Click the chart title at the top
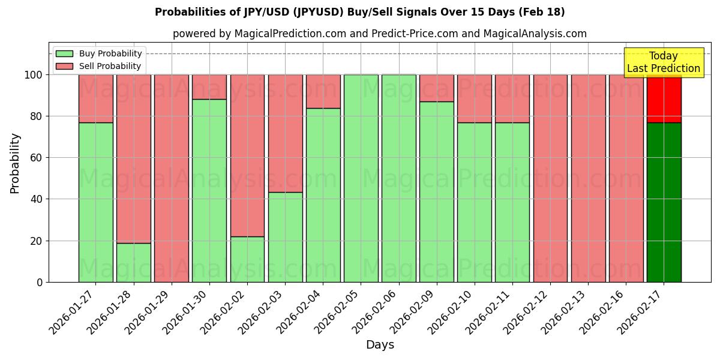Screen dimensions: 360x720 [x=359, y=12]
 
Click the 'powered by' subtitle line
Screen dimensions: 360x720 [x=379, y=34]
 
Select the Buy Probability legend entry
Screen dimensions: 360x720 [x=98, y=53]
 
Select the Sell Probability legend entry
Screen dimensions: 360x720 [x=98, y=66]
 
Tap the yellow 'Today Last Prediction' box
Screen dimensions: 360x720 [x=663, y=62]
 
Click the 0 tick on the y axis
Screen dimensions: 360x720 [x=40, y=282]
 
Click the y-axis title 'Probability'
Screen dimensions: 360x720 [x=15, y=163]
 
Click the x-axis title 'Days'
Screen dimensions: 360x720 [x=380, y=345]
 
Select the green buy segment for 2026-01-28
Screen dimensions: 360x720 [x=134, y=262]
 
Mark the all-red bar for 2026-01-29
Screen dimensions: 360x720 [x=172, y=178]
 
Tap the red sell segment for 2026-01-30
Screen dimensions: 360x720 [x=209, y=86]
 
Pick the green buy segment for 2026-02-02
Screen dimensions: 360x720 [x=247, y=259]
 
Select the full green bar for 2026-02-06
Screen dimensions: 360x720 [x=398, y=178]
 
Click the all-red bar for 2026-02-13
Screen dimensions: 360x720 [x=588, y=178]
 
